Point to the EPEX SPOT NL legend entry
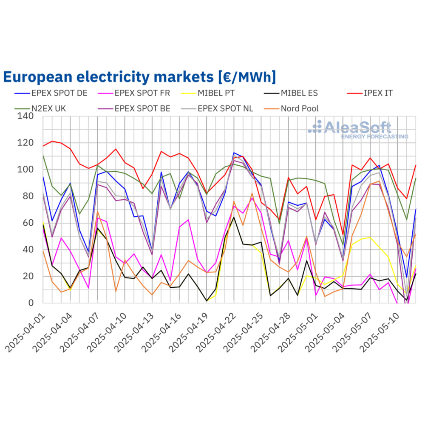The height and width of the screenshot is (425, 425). tap(225, 108)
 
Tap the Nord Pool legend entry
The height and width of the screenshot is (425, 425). tap(299, 108)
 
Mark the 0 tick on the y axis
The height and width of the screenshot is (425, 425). tap(34, 303)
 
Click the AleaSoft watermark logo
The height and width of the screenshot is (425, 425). tap(359, 129)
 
